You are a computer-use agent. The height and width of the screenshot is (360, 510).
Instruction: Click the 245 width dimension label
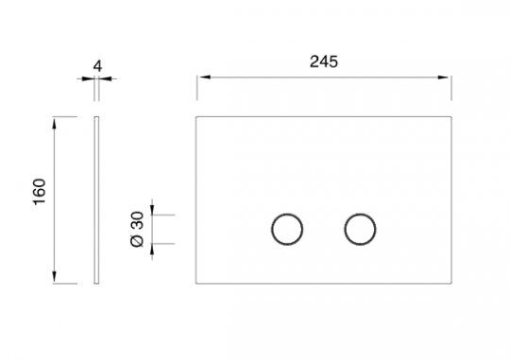click(x=324, y=61)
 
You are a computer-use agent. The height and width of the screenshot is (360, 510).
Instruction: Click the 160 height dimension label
click(x=40, y=192)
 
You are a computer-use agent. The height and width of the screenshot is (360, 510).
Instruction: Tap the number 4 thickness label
click(x=97, y=66)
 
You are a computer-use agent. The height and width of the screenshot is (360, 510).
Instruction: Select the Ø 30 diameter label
click(x=137, y=230)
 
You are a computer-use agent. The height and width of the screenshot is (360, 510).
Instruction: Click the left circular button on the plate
click(x=287, y=214)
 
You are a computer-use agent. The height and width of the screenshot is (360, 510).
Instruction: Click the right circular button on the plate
click(x=360, y=214)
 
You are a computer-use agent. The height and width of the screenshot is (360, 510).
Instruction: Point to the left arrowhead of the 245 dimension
click(x=205, y=77)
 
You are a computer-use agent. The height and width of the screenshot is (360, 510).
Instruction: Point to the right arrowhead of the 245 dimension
click(x=443, y=77)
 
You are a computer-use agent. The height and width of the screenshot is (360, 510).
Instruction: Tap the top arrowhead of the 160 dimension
click(x=55, y=125)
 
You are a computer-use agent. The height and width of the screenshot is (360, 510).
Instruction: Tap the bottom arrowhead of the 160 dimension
click(x=55, y=276)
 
